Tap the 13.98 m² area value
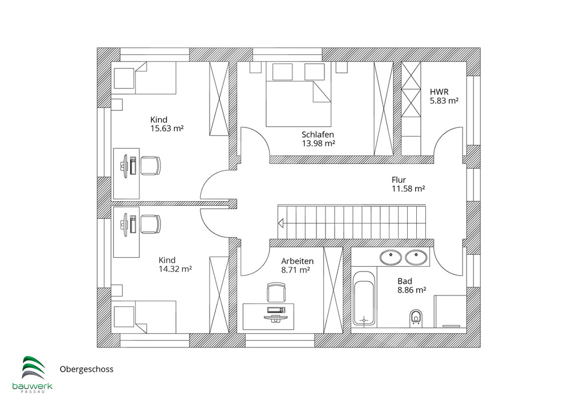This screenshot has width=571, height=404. click(318, 143)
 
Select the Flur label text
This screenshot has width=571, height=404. click(399, 179)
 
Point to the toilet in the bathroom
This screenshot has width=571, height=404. click(416, 317)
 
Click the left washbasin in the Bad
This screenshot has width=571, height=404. click(391, 257)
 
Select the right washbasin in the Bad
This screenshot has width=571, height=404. click(416, 257)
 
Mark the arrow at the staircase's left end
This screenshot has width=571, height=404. click(282, 224)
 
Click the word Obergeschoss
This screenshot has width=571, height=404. click(87, 369)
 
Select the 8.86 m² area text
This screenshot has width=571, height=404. click(412, 290)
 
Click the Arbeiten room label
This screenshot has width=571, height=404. click(297, 261)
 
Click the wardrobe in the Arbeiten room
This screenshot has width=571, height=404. click(332, 289)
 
